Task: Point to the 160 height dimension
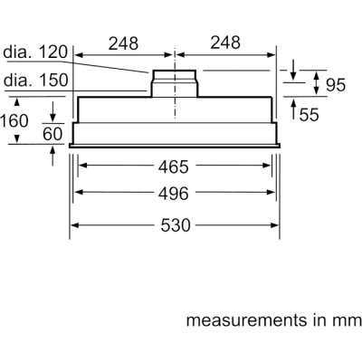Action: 15,120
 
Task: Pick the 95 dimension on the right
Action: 336,86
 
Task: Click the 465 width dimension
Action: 175,167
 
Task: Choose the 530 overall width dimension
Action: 175,225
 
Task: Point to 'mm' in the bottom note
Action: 348,321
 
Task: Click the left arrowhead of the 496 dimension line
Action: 79,193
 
